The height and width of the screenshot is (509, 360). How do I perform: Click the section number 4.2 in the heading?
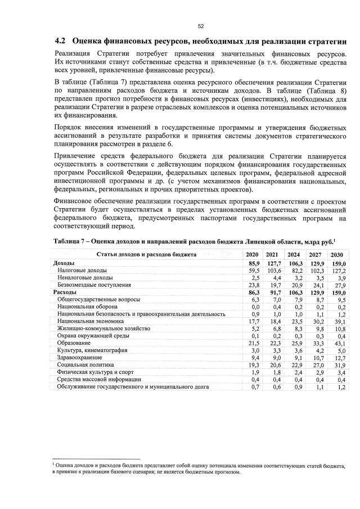click(x=60, y=42)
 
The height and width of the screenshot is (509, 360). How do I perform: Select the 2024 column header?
click(x=295, y=255)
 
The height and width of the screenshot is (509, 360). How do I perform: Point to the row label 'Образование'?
click(x=74, y=343)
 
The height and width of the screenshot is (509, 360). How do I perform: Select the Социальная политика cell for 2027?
click(x=318, y=364)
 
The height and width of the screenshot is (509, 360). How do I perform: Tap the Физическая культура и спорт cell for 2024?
click(x=296, y=372)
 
